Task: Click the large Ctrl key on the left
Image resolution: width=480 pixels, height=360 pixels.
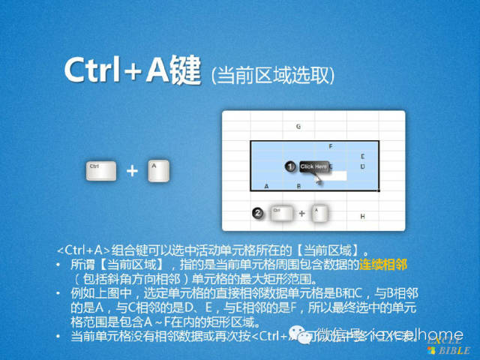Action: click(x=100, y=170)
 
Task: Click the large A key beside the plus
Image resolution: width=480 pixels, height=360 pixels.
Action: click(x=158, y=170)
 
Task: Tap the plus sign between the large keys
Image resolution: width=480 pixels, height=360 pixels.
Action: click(x=132, y=171)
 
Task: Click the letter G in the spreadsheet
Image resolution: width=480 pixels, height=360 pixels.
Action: click(x=298, y=127)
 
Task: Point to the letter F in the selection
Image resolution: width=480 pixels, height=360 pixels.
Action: click(x=330, y=146)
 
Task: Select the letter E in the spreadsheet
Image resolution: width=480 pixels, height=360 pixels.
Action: click(x=362, y=157)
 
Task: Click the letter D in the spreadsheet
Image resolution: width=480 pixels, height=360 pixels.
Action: click(x=362, y=166)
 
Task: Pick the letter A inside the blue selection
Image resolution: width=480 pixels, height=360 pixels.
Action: click(x=266, y=185)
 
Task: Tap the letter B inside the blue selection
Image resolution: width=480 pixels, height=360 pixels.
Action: click(x=298, y=185)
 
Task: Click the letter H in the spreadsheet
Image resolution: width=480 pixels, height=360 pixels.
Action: click(x=362, y=217)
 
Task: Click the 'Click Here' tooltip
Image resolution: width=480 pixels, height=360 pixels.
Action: click(x=313, y=166)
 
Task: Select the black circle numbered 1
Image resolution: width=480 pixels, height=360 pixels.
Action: click(x=289, y=166)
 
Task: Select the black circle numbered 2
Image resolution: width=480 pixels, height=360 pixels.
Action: click(x=257, y=214)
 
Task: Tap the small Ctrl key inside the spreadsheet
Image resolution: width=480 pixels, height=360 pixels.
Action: click(x=280, y=214)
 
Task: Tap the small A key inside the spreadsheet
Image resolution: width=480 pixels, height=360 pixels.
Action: click(x=318, y=213)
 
